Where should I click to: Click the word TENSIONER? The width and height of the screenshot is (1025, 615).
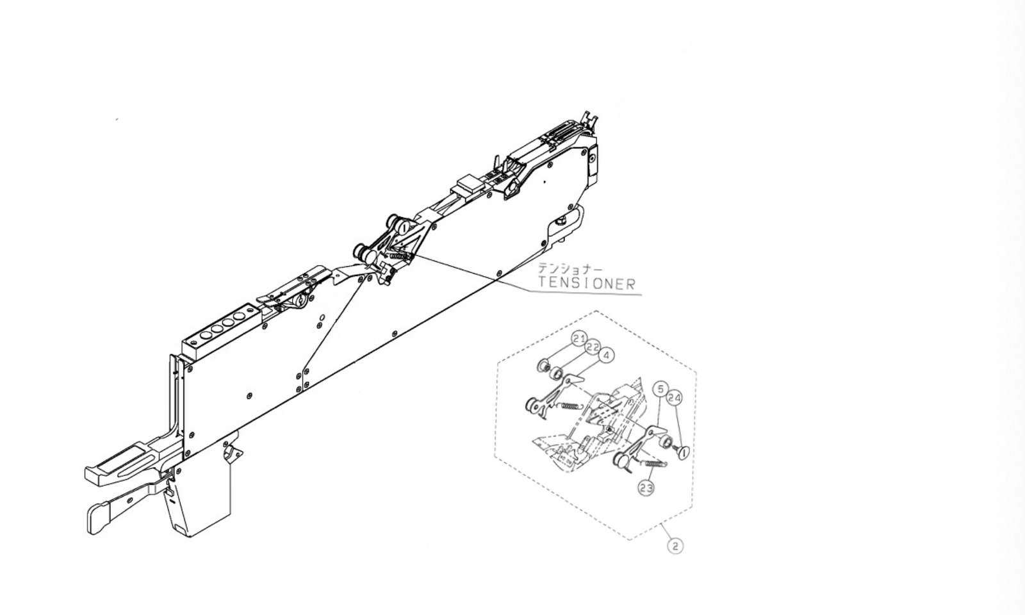point(586,283)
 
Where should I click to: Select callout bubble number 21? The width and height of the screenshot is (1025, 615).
point(579,338)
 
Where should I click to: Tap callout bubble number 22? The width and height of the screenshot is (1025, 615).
point(593,347)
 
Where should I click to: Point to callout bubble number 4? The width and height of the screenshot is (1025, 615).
point(606,355)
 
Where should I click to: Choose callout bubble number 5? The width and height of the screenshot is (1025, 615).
point(660,389)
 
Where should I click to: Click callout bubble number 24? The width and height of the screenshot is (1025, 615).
point(674,398)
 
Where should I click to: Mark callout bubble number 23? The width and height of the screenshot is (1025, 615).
point(646,488)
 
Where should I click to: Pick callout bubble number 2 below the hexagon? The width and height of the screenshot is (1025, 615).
point(675,546)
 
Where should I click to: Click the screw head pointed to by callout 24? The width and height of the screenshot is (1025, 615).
point(683,452)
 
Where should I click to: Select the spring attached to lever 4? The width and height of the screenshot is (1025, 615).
point(570,406)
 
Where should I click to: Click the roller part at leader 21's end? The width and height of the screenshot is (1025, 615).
point(543,366)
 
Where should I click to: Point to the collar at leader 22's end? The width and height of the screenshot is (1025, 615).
point(557,372)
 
